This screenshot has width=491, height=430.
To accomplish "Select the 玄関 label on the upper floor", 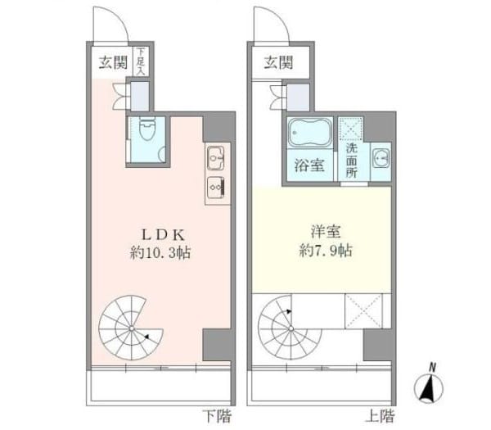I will [278, 63].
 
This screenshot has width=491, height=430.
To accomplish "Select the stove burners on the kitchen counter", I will [216, 187].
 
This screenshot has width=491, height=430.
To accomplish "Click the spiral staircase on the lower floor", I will [131, 328].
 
